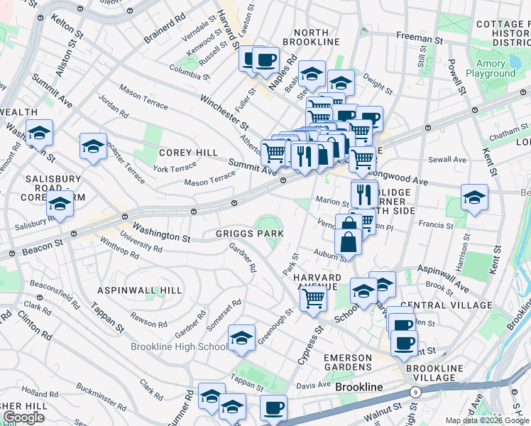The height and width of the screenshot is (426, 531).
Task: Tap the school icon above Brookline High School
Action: pyautogui.click(x=241, y=339)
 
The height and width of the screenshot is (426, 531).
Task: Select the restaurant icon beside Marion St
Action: pyautogui.click(x=364, y=193)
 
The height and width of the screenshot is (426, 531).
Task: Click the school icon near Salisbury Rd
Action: pyautogui.click(x=60, y=204)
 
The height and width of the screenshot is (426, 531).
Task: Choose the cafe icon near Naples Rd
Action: pyautogui.click(x=266, y=60)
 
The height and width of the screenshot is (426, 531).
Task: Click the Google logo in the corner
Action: pyautogui.click(x=23, y=417)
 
